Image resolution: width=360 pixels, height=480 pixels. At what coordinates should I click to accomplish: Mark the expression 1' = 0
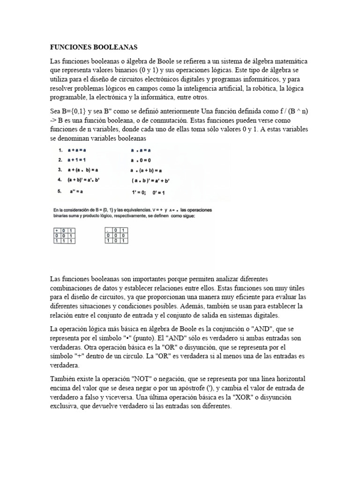(140, 192)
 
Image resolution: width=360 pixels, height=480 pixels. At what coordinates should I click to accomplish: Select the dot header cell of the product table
(108, 230)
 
